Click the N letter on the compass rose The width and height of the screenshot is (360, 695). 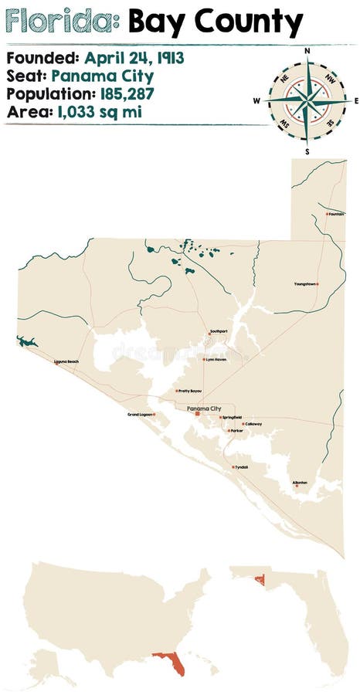[x=307, y=51]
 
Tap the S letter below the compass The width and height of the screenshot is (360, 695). [x=307, y=151]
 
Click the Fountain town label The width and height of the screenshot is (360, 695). [x=336, y=214]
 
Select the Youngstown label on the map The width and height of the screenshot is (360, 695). [x=305, y=284]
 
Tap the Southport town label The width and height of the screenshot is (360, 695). [x=219, y=331]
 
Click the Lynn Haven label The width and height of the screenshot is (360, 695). [x=216, y=359]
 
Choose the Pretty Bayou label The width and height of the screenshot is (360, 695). [x=190, y=391]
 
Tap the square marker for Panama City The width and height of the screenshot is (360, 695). [x=197, y=414]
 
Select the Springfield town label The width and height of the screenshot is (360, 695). [x=232, y=417]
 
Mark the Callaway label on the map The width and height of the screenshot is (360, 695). [x=253, y=424]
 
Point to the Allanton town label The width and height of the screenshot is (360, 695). [x=300, y=483]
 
